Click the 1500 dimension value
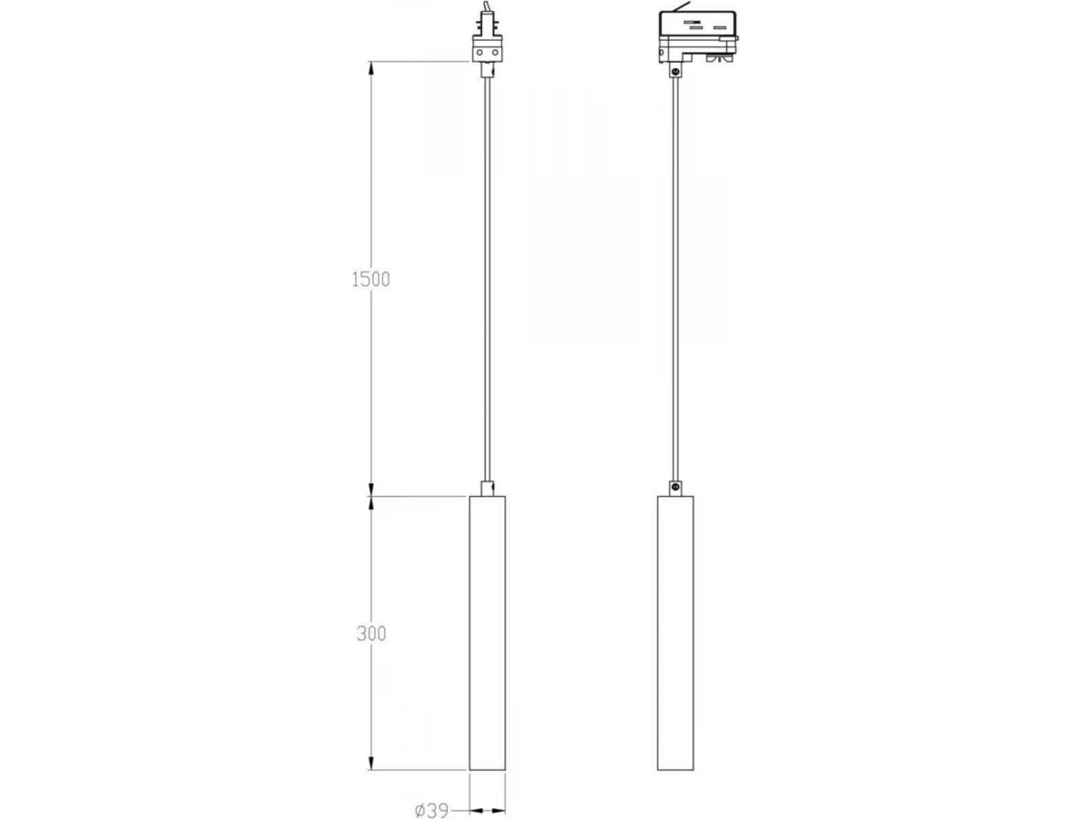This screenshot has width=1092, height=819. click(x=370, y=279)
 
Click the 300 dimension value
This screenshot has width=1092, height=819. click(x=371, y=633)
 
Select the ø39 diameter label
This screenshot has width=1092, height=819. click(x=432, y=811)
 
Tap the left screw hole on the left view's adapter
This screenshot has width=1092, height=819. click(x=480, y=52)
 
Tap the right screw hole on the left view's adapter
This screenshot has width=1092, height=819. click(x=495, y=52)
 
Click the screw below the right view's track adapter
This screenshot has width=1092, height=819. click(x=675, y=72)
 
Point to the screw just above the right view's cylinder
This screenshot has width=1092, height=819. click(x=675, y=488)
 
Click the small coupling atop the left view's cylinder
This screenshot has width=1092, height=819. click(x=488, y=489)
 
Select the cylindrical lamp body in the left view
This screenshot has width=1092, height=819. click(x=488, y=633)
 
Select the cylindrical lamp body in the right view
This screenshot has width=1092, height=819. click(x=675, y=633)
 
